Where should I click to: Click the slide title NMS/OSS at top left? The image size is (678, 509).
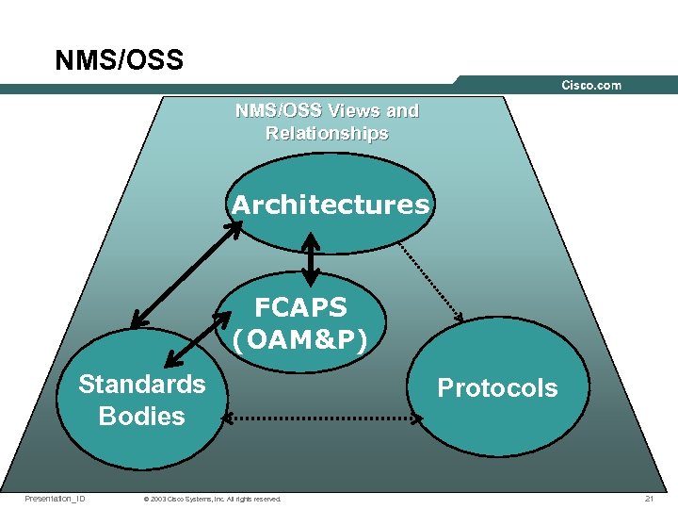coord(119,61)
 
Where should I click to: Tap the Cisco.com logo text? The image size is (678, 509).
coord(591,85)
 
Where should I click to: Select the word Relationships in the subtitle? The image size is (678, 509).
coord(327,133)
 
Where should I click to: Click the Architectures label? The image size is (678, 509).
coord(330,205)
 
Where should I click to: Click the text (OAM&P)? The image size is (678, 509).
coord(300,337)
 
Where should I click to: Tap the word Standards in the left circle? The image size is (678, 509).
coord(141,385)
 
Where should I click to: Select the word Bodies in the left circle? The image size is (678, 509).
coord(141,416)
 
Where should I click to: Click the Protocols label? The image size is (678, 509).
coord(497,388)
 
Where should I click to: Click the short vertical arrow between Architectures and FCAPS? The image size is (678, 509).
coord(311,254)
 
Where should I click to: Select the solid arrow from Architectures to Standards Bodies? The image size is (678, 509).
coord(185,273)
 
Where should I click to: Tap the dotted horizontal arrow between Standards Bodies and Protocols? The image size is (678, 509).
coord(319,418)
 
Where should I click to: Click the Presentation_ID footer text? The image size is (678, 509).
coord(55,499)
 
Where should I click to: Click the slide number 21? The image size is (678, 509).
coord(649,499)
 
